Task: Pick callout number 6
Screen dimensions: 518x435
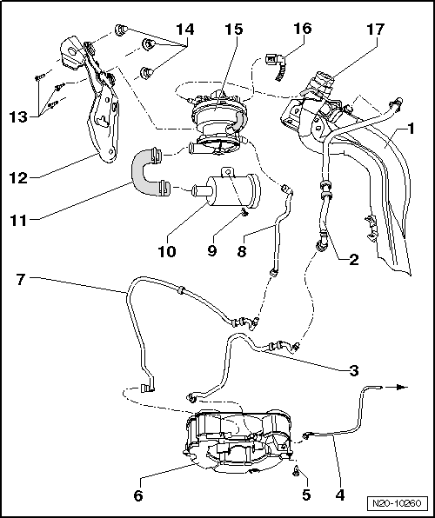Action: tap(137, 495)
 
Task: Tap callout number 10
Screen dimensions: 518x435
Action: tap(167, 252)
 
